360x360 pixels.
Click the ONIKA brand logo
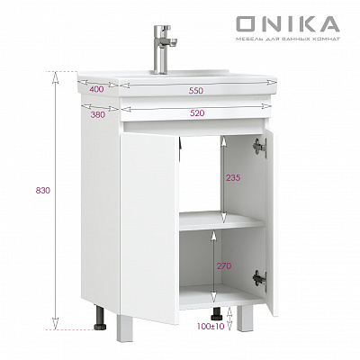(x=288, y=24)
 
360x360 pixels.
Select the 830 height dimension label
(x=43, y=190)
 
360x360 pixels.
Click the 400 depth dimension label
(x=96, y=89)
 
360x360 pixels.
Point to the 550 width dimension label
(x=196, y=91)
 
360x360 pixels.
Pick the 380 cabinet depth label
(x=98, y=114)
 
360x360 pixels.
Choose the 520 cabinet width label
(x=197, y=113)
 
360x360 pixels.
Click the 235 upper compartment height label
(x=233, y=177)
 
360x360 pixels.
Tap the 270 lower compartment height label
(x=224, y=265)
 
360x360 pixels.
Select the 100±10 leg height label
(x=211, y=326)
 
